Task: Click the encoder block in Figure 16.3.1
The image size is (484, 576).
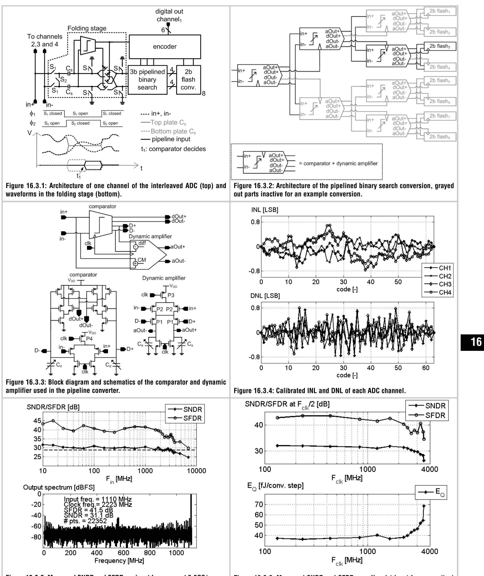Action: pos(165,46)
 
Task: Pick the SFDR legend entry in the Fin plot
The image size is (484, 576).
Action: pos(185,418)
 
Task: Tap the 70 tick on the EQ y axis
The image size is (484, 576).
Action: pos(259,504)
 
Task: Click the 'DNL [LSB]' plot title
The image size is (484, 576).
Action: pos(265,296)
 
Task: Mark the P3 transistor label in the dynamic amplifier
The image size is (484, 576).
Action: pos(171,295)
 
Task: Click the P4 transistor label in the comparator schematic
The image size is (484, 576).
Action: pos(90,339)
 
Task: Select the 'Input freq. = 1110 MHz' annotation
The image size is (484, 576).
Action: pos(98,499)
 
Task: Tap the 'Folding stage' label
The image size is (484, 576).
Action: pos(87,29)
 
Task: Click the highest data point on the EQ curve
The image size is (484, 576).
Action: pos(424,505)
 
